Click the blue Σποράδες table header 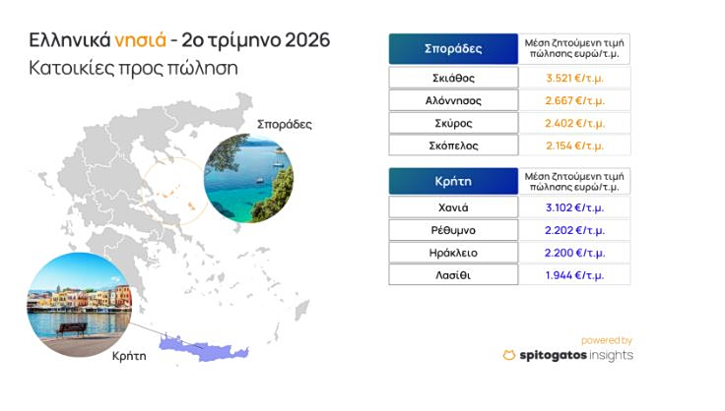[x=453, y=49]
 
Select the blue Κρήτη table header [x=453, y=181]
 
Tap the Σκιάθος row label [x=453, y=78]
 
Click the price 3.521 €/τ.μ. [x=574, y=78]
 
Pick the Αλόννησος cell [x=453, y=100]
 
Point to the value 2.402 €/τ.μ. [x=574, y=123]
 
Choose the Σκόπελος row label [x=453, y=146]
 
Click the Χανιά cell [x=453, y=207]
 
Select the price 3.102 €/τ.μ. [x=574, y=207]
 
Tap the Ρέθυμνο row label [x=453, y=230]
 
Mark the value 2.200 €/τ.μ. [x=574, y=253]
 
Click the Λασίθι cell [x=453, y=275]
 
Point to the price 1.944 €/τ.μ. [x=574, y=275]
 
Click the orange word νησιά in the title [x=140, y=40]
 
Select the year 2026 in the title [x=307, y=40]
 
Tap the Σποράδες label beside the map [x=285, y=124]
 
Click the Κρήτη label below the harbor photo [x=129, y=356]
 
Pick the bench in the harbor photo [x=72, y=329]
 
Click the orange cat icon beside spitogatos [x=509, y=355]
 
